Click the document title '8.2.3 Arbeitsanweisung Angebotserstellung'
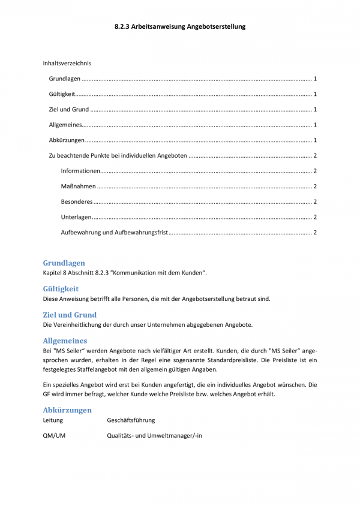[x=180, y=27]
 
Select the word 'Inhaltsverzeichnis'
[x=67, y=63]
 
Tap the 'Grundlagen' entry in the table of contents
[x=64, y=79]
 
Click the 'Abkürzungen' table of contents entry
[x=67, y=140]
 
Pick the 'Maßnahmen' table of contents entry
[x=78, y=186]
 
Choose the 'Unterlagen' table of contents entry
[x=76, y=217]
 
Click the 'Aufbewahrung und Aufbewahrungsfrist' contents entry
[x=115, y=232]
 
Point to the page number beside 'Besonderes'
[x=315, y=201]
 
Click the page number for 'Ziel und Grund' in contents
[x=315, y=110]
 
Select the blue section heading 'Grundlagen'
[x=64, y=263]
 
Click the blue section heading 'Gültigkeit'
[x=61, y=288]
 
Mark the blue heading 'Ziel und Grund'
[x=70, y=314]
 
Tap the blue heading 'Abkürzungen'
[x=67, y=410]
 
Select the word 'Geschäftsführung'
[x=131, y=421]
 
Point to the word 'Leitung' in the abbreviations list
[x=53, y=421]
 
